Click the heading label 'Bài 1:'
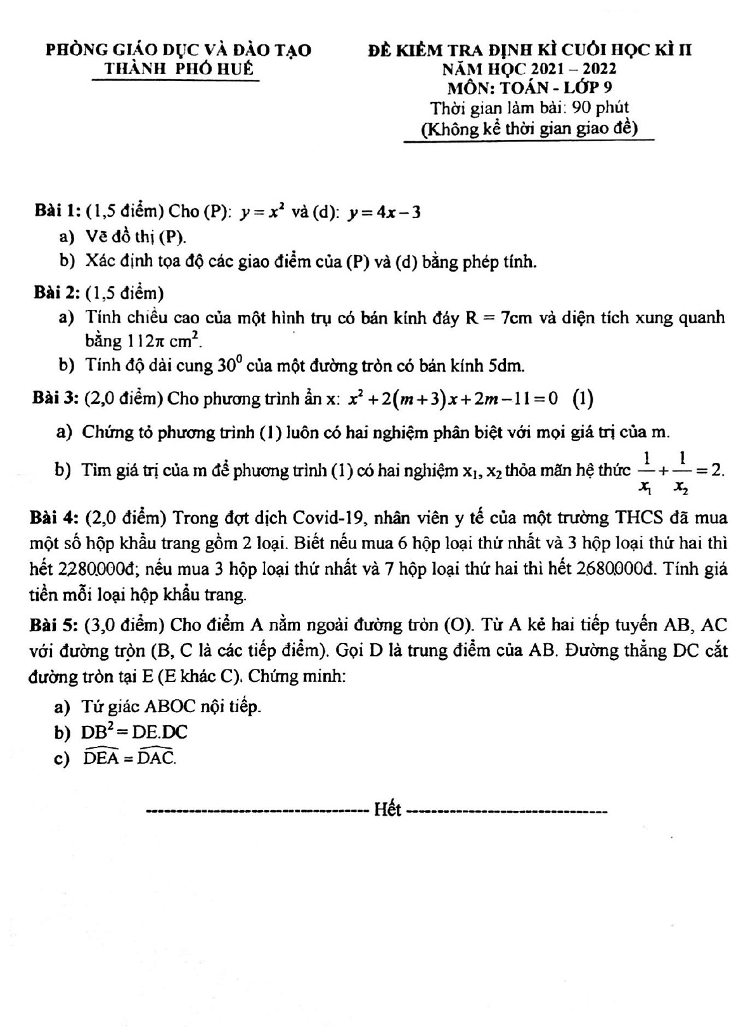click(x=58, y=212)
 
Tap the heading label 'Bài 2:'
click(x=57, y=293)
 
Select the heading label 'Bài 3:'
click(x=55, y=399)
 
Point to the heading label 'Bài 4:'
click(x=53, y=518)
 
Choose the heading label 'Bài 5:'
click(x=53, y=626)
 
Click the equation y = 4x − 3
click(x=384, y=212)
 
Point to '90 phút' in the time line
click(x=600, y=108)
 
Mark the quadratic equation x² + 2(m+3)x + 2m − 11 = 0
click(x=453, y=399)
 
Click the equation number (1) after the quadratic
click(x=583, y=399)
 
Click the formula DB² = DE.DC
click(x=134, y=732)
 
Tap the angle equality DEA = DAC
click(x=130, y=758)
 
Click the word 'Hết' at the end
click(x=387, y=810)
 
